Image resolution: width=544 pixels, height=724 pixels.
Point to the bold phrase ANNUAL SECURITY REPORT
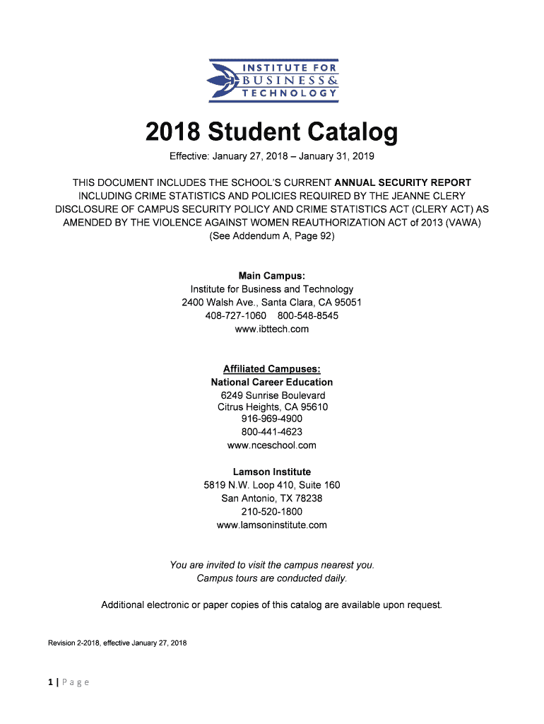[403, 182]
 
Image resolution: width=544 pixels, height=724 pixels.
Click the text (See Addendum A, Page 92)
[272, 236]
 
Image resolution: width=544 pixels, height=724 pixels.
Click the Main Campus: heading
[272, 276]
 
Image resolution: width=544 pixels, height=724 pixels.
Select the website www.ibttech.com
[272, 329]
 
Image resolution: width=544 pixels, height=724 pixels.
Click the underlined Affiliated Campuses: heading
[272, 369]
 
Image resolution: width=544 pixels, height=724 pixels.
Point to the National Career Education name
[272, 382]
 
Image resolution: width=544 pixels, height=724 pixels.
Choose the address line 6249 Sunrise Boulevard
[272, 395]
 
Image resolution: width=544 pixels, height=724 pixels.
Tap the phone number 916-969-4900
[272, 419]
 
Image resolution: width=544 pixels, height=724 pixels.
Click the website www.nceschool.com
[272, 445]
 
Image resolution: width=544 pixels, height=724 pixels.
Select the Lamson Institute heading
[272, 472]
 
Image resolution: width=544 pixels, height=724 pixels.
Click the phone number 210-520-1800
[272, 511]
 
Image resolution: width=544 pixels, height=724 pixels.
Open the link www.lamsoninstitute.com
[272, 525]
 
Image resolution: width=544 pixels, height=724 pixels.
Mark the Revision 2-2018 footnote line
[117, 643]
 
